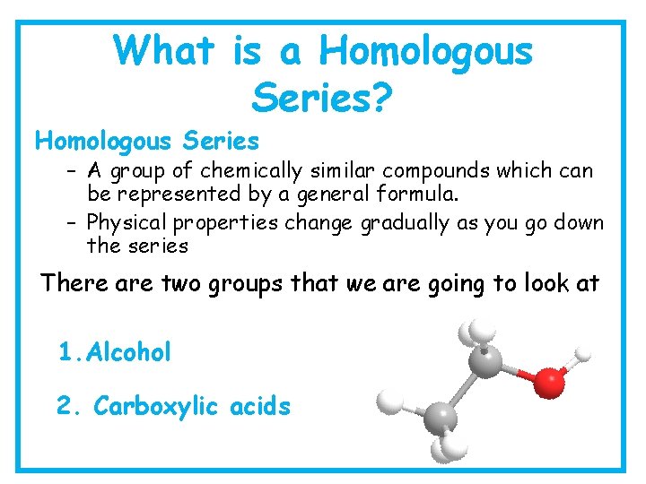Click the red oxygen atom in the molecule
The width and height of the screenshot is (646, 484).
549,383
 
